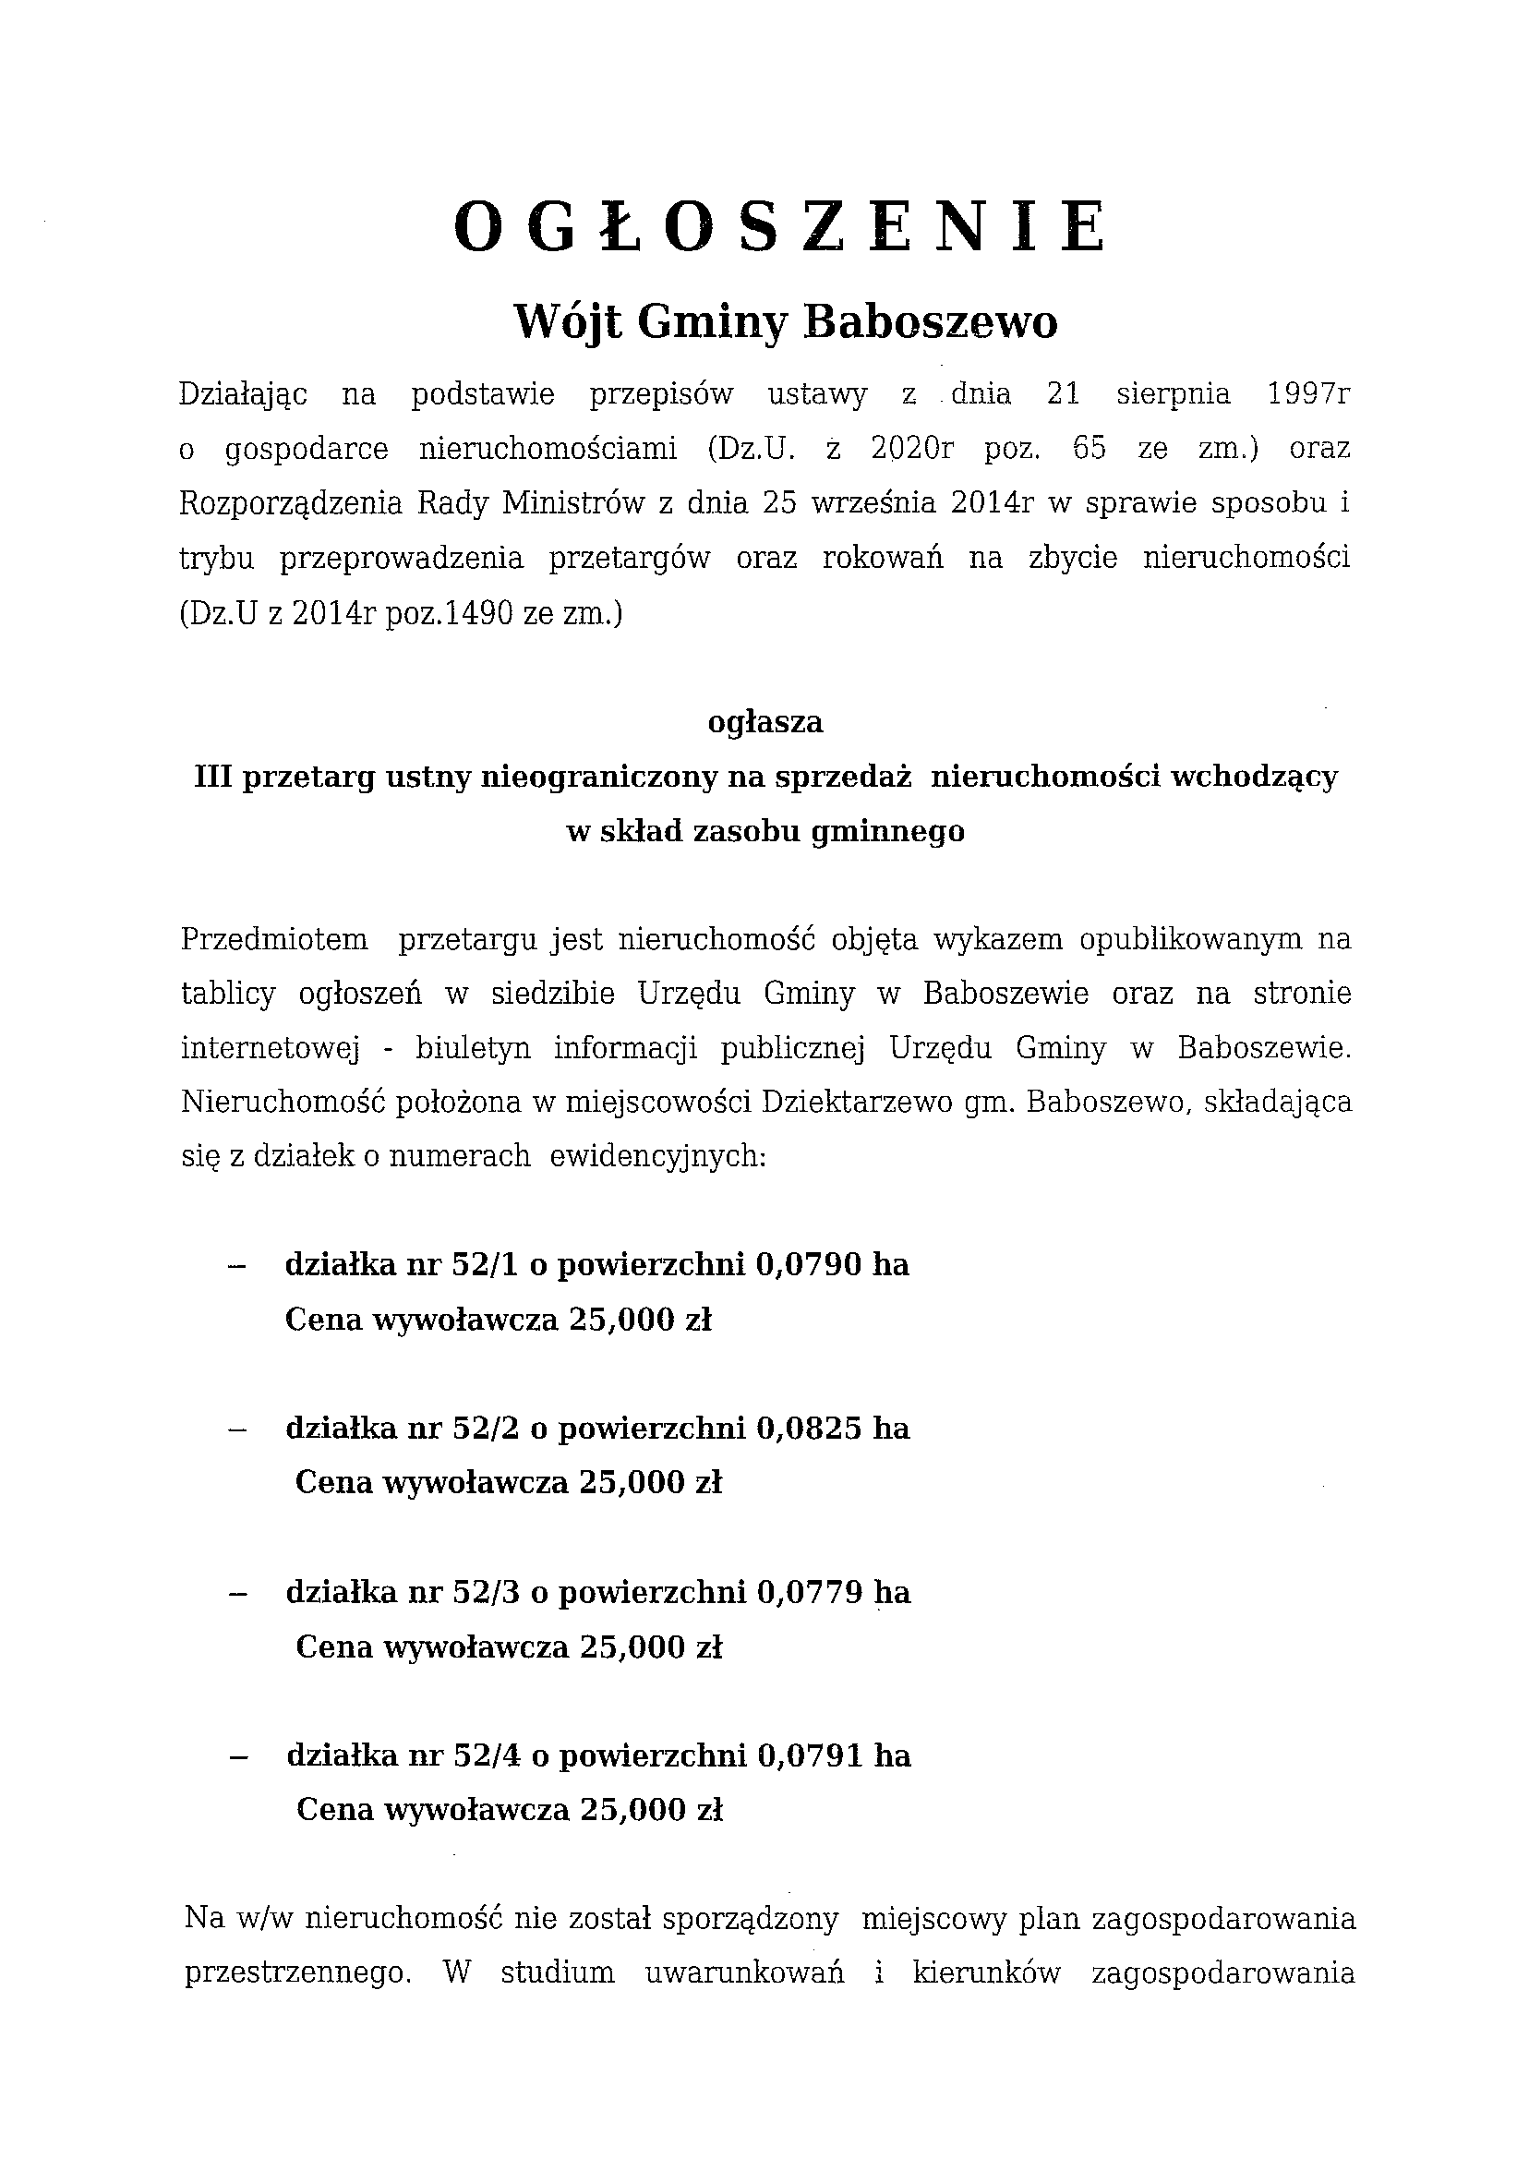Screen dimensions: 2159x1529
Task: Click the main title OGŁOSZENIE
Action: point(779,229)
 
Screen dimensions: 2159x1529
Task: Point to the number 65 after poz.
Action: point(1090,448)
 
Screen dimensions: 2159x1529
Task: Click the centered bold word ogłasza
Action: point(764,722)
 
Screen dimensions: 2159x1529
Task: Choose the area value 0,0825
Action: point(808,1429)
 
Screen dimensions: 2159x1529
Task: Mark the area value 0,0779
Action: point(808,1592)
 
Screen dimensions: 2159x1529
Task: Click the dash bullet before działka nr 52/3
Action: point(237,1594)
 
